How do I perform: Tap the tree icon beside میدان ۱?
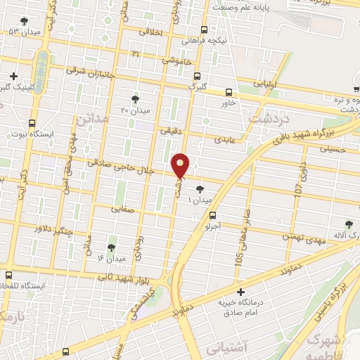pyautogui.click(x=201, y=188)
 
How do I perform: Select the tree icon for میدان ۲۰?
pyautogui.click(x=135, y=99)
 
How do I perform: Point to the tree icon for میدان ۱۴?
pyautogui.click(x=111, y=247)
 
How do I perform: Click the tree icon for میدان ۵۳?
pyautogui.click(x=25, y=21)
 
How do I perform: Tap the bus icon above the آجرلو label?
pyautogui.click(x=213, y=216)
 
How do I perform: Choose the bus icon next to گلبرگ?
pyautogui.click(x=197, y=75)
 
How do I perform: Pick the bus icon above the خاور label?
pyautogui.click(x=228, y=92)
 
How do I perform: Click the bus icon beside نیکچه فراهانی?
pyautogui.click(x=204, y=30)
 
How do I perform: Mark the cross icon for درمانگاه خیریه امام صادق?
pyautogui.click(x=240, y=291)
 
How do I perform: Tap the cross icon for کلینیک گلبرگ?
pyautogui.click(x=13, y=75)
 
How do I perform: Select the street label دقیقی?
pyautogui.click(x=171, y=130)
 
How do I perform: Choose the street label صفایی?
pyautogui.click(x=122, y=209)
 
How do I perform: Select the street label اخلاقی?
pyautogui.click(x=151, y=32)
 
